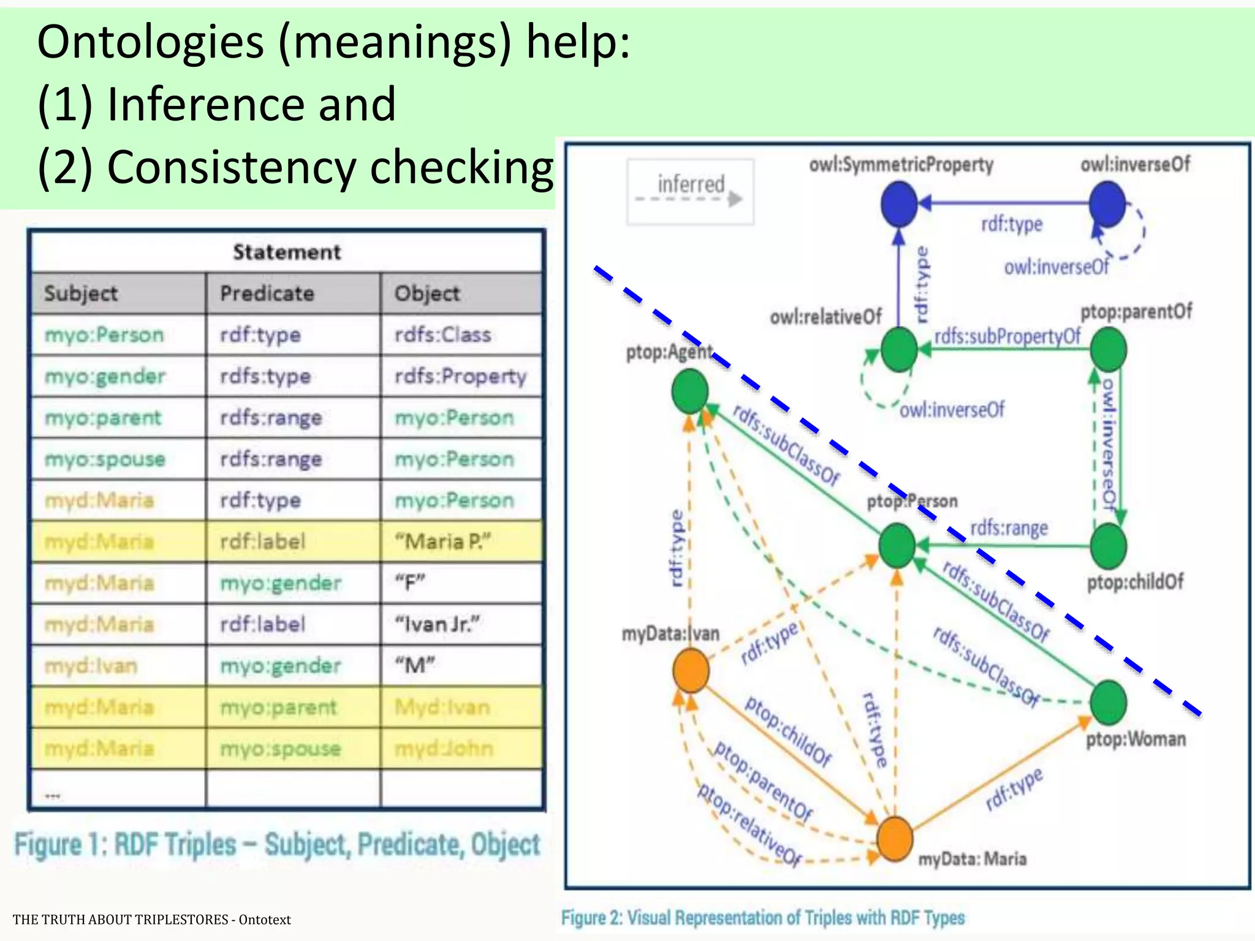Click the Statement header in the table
click(286, 252)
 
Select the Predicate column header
click(267, 293)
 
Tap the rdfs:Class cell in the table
click(442, 335)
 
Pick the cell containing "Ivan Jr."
click(438, 624)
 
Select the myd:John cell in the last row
click(443, 749)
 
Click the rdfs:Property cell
click(460, 376)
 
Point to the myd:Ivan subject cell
click(91, 666)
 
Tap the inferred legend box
click(690, 192)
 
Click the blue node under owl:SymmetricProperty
click(899, 204)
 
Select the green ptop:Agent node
click(690, 392)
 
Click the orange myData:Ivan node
click(691, 671)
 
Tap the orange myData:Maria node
click(895, 839)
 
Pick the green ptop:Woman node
click(1108, 702)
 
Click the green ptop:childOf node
click(1108, 545)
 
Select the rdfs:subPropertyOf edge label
click(1007, 336)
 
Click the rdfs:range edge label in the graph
click(1009, 527)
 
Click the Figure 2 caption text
click(762, 918)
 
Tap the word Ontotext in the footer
click(265, 920)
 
